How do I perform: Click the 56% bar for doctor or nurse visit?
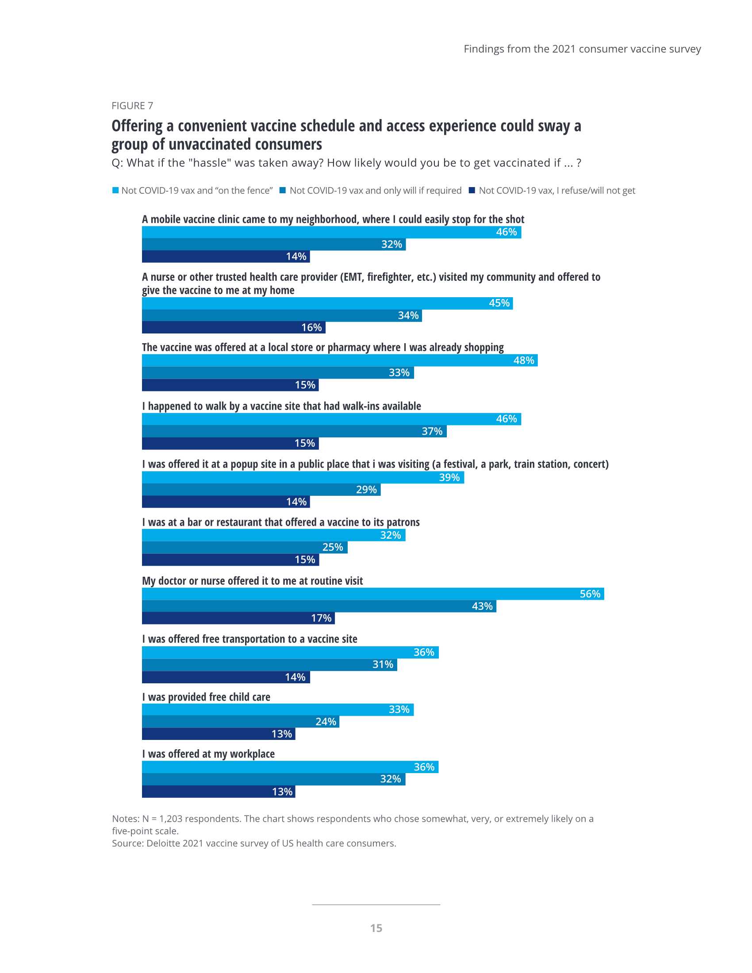coord(373,594)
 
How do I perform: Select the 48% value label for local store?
coord(523,360)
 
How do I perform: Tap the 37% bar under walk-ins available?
coord(294,431)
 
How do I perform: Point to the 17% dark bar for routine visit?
coord(238,618)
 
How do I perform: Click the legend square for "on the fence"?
coord(115,190)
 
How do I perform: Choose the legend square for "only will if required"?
coord(283,190)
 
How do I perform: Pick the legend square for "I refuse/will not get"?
coord(472,190)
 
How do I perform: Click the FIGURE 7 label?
coord(132,106)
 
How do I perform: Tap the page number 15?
coord(376,928)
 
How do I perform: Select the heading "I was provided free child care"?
coord(206,697)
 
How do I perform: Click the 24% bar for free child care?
coord(241,721)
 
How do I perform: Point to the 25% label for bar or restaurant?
coord(332,547)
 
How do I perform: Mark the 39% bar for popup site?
coord(303,478)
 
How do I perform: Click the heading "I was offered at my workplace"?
coord(208,754)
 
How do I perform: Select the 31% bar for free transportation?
coord(269,665)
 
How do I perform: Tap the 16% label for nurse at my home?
coord(311,327)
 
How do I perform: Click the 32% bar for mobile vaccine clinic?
coord(273,245)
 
